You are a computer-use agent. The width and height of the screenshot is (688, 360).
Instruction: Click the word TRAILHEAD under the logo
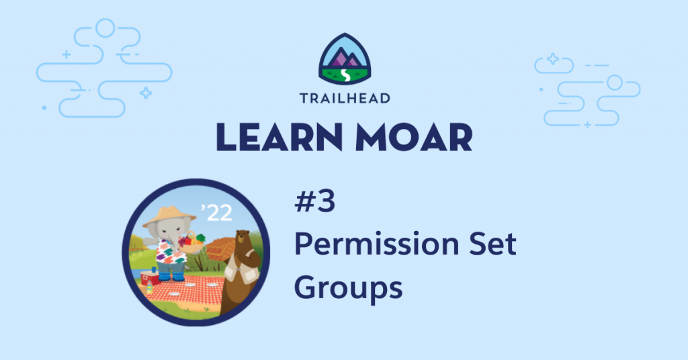(345, 98)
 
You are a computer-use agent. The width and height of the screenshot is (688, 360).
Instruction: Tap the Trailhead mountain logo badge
(345, 58)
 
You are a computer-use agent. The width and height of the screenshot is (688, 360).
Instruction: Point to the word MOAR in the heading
(414, 137)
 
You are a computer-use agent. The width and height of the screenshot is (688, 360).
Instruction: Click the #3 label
(315, 202)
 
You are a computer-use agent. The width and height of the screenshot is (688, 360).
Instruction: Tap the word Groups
(349, 288)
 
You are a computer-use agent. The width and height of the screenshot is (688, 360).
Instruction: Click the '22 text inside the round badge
(216, 213)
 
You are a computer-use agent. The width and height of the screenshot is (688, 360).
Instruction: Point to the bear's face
(242, 240)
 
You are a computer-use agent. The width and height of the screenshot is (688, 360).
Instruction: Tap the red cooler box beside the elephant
(150, 278)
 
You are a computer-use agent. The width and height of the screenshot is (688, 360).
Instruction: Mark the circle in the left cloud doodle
(105, 28)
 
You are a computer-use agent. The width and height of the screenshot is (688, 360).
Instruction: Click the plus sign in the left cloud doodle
(67, 54)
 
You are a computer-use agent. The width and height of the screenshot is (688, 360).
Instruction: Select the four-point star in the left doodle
(146, 93)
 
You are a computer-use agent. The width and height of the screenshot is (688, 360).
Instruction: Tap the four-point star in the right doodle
(553, 58)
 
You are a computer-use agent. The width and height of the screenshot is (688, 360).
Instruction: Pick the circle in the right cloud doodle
(614, 83)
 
